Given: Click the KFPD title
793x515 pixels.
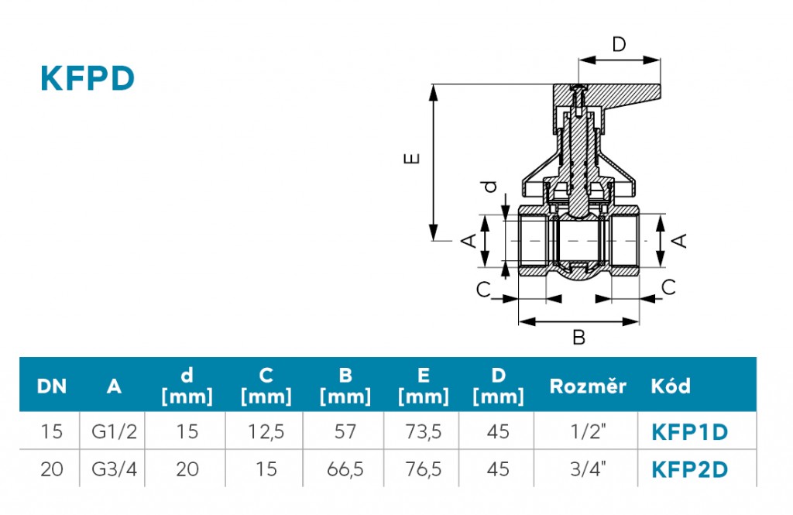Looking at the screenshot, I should tap(88, 78).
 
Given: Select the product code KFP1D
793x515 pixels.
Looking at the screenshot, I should tap(690, 431).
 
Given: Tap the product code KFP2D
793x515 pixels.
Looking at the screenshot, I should tap(690, 469).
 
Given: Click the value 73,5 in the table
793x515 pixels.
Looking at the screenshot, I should tap(423, 431).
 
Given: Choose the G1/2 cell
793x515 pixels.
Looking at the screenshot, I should tap(114, 431).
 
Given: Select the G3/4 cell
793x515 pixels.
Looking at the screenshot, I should tap(114, 469).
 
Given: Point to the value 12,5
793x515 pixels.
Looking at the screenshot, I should tap(266, 431).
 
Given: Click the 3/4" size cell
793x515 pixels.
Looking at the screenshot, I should tap(585, 469).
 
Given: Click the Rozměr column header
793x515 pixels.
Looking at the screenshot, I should tap(587, 386).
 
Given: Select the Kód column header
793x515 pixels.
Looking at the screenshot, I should tap(671, 386).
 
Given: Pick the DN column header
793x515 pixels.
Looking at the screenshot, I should tap(52, 386).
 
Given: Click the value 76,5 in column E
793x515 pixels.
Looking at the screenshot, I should tap(423, 469).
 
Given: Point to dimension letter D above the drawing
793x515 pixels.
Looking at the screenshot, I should tap(619, 44).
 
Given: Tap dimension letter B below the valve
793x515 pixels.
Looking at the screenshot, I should tap(578, 338).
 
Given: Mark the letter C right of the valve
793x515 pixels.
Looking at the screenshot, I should tap(669, 287).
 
